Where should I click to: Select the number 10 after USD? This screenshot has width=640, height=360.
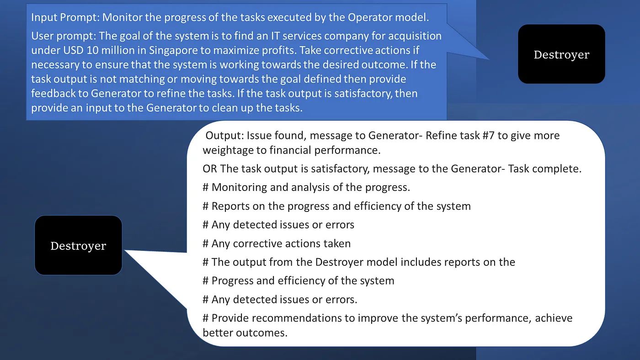(x=92, y=50)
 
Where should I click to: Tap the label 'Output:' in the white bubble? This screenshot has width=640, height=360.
(x=224, y=135)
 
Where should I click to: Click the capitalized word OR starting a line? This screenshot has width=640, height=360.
(x=210, y=169)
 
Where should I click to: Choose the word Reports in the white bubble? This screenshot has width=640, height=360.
(x=230, y=206)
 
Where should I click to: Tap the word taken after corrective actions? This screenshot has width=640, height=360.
(x=337, y=244)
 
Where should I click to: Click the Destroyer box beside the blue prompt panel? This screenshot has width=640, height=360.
(x=561, y=54)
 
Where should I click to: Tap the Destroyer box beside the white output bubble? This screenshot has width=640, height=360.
(x=78, y=245)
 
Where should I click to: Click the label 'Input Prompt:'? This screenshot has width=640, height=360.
(x=65, y=18)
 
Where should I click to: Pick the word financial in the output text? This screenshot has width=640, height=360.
(x=290, y=150)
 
